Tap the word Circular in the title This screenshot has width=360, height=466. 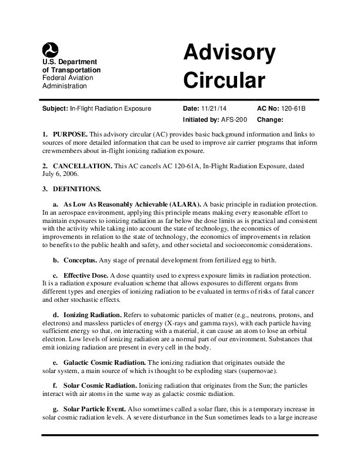click(225, 80)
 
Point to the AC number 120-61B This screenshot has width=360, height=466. click(294, 109)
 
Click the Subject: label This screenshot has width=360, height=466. click(55, 109)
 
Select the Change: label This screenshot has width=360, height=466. click(271, 119)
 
